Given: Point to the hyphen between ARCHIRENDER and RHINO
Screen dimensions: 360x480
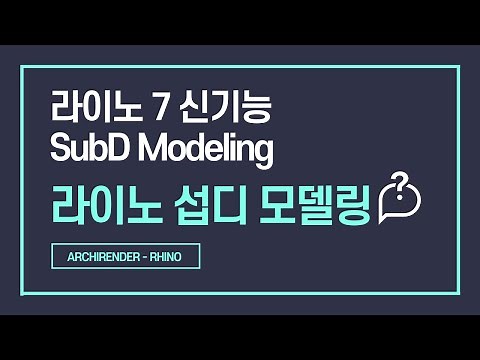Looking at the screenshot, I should click(x=147, y=257).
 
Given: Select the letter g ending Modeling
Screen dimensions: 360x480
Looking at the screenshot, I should click(x=263, y=153).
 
